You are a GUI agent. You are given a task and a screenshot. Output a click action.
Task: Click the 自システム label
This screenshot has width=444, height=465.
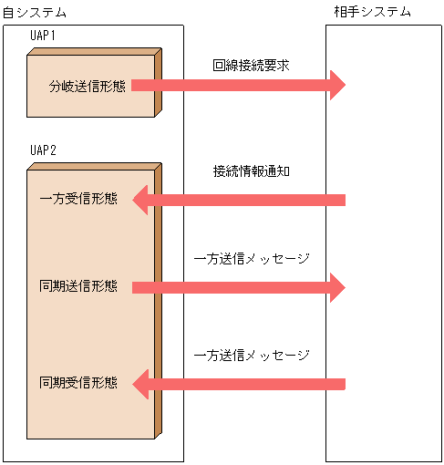[x=35, y=12]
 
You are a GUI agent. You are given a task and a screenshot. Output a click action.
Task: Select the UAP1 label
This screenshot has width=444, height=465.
[x=44, y=36]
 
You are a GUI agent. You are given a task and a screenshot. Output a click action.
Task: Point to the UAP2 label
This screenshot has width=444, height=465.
[x=44, y=150]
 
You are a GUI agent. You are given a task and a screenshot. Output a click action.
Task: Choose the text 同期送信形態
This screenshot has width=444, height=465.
[x=78, y=287]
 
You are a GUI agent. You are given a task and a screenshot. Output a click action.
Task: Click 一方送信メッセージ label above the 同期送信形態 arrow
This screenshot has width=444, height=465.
[x=252, y=259]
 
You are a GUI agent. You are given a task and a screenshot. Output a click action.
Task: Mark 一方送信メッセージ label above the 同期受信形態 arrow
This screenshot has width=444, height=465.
[x=252, y=355]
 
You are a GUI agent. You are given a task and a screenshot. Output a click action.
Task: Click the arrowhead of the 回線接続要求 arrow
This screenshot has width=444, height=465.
[x=338, y=86]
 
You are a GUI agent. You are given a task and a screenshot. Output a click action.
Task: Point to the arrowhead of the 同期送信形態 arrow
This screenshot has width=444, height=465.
[x=338, y=287]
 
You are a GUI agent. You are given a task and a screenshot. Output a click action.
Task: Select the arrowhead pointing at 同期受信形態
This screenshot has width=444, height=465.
[x=140, y=383]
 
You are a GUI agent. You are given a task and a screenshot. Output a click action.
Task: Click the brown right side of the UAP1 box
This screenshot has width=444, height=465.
[x=159, y=84]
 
